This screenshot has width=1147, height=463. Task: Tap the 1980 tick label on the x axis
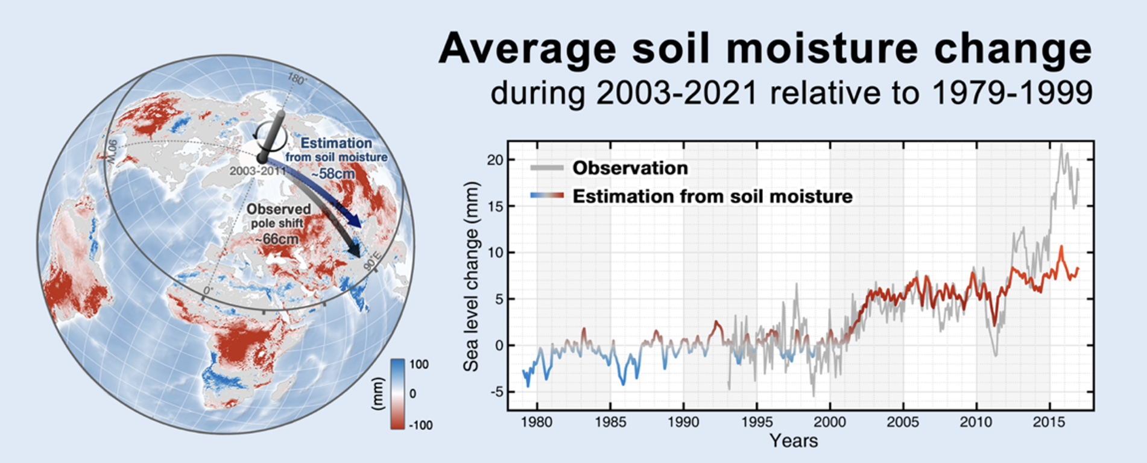click(536, 422)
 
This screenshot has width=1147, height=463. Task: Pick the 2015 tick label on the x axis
click(1049, 422)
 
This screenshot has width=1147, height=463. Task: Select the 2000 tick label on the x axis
click(830, 422)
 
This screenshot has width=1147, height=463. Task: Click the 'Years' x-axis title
click(794, 441)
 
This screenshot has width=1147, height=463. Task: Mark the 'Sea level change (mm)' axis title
click(471, 276)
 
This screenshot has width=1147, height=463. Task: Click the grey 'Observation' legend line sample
click(547, 168)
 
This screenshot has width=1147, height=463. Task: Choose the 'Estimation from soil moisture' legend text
click(712, 197)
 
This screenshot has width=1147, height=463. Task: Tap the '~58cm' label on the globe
click(332, 174)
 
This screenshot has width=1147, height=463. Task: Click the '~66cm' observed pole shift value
click(277, 239)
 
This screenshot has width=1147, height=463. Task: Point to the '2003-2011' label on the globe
click(257, 171)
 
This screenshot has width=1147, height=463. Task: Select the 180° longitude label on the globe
click(296, 79)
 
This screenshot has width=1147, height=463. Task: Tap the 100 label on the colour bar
click(419, 364)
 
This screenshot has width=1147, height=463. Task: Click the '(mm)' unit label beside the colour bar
click(378, 394)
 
